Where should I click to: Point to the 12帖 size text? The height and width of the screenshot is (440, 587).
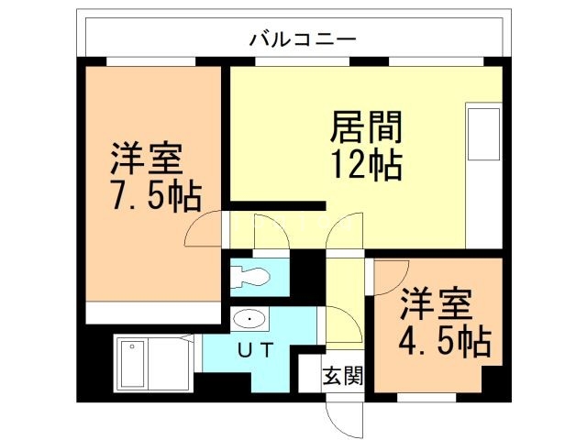[x=365, y=165]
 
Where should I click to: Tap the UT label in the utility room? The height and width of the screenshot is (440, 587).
[x=253, y=348]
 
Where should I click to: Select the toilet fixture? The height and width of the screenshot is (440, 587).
[x=249, y=276]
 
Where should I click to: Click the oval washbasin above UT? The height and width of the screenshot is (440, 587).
[x=249, y=318]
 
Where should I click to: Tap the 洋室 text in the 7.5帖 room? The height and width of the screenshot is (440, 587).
[x=147, y=159]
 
